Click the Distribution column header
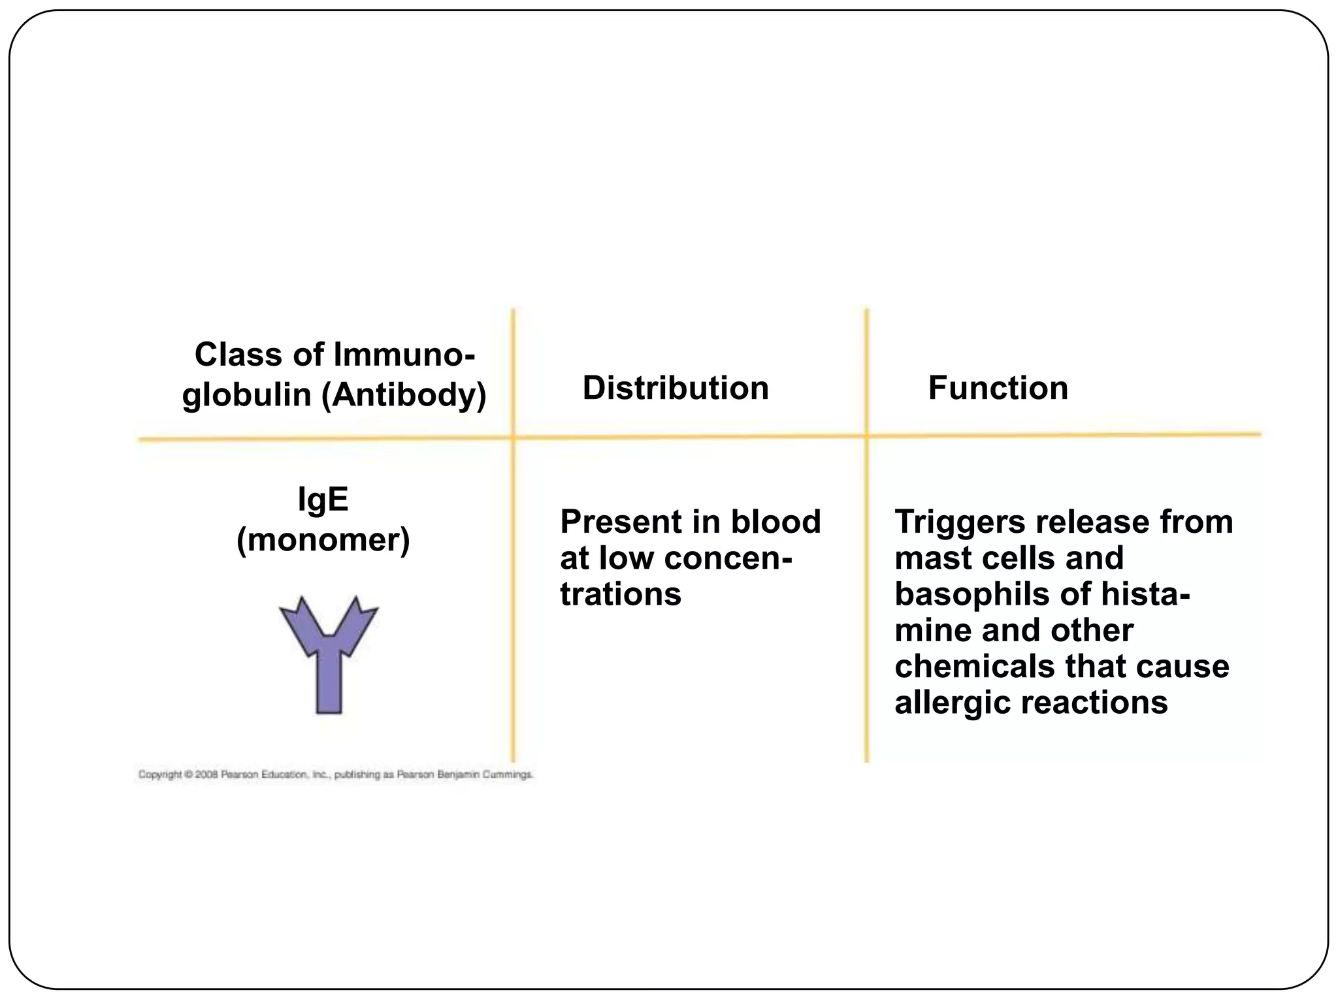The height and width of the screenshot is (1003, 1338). point(676,389)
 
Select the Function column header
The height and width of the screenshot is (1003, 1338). point(998,389)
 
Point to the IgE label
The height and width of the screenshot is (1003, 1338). point(323,501)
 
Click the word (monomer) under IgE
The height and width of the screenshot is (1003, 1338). point(323,540)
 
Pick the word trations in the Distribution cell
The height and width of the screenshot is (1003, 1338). point(621,594)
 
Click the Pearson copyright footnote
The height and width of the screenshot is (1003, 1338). point(336,775)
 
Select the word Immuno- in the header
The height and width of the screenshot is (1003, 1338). point(404,355)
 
